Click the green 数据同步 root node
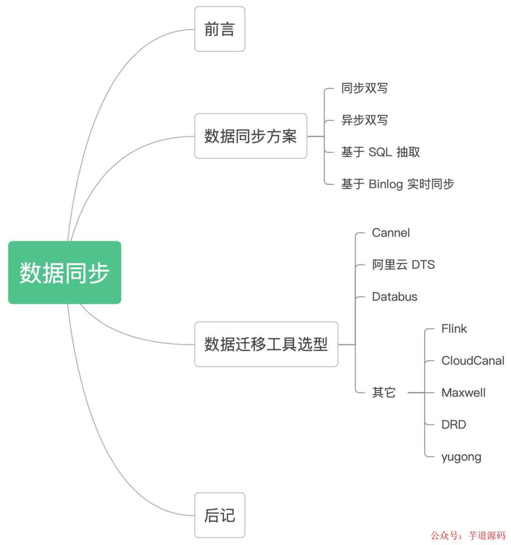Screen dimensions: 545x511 [65, 272]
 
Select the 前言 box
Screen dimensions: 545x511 [220, 29]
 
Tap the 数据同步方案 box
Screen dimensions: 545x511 [251, 136]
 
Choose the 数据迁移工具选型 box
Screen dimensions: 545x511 [266, 344]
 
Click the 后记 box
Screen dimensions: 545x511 [220, 515]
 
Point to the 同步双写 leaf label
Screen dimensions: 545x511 [364, 88]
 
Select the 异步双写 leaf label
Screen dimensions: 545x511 [364, 120]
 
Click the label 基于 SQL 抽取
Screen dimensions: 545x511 [380, 152]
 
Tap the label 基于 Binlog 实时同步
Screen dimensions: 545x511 [397, 184]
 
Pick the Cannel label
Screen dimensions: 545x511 [391, 233]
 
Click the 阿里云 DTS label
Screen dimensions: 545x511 [403, 264]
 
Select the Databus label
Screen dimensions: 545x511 [395, 297]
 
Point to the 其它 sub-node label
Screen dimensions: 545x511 [384, 392]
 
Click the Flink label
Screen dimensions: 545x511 [454, 328]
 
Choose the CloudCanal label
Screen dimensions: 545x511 [473, 361]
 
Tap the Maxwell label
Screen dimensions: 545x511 [463, 392]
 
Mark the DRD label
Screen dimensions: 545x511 [453, 425]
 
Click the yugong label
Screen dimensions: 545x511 [461, 457]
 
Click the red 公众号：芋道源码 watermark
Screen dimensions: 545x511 [467, 536]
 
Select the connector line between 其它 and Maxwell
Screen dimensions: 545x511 [416, 392]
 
